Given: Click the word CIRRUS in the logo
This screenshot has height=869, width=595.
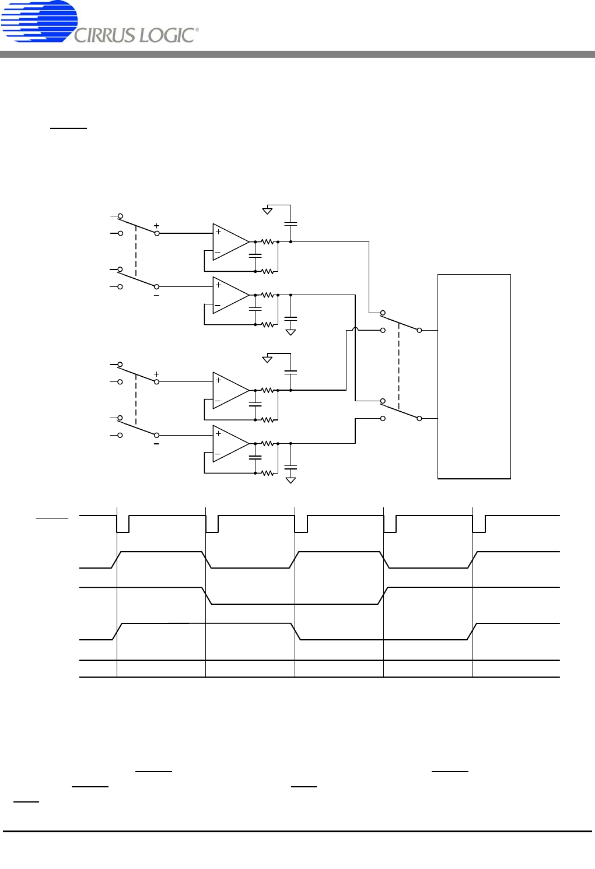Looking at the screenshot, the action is (105, 36).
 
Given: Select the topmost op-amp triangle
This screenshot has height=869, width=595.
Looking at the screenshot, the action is (231, 241).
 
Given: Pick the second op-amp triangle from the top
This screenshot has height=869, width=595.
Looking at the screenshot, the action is (231, 295).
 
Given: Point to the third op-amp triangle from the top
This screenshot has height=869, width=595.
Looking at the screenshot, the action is (231, 390).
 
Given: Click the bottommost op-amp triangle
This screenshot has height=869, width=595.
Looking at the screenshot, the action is (231, 443).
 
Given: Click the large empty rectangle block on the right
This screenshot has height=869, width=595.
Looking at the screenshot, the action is (474, 376).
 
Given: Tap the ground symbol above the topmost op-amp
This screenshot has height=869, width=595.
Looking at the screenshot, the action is (267, 211).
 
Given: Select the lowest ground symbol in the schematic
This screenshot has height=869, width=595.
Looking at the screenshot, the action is (290, 480).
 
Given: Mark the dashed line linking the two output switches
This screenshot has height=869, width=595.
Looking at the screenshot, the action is (399, 366).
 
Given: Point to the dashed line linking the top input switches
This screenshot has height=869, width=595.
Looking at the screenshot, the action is (136, 251).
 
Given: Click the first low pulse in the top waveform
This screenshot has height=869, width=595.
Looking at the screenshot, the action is (123, 524).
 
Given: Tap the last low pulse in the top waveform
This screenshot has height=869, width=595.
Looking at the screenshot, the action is (479, 524).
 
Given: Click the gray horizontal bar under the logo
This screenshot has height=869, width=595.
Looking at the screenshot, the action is (297, 54).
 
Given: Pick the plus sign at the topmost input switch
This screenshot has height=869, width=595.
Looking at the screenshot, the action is (156, 225).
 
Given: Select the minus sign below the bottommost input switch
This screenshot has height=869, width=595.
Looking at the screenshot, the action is (156, 444).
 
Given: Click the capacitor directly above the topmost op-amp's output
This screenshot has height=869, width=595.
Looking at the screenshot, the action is (290, 224).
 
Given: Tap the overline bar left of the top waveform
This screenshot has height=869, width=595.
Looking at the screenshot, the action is (52, 518).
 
